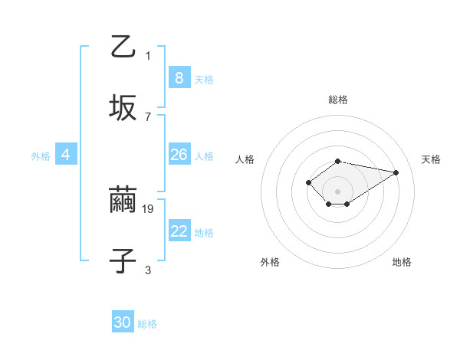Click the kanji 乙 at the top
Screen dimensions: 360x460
tap(123, 47)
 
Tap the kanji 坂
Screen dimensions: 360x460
tap(123, 107)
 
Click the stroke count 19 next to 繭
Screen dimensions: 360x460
tap(149, 208)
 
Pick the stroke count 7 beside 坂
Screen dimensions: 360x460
tap(148, 116)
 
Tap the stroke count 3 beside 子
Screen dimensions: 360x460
tap(148, 270)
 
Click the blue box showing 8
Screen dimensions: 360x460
tap(179, 77)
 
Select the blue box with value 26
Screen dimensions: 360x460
tap(179, 155)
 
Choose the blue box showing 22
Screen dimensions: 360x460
tap(179, 231)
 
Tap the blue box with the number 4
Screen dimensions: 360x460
tap(65, 155)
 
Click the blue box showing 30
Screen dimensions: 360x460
tap(123, 322)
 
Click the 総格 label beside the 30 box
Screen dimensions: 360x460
tap(147, 324)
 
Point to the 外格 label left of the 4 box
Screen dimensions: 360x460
tap(41, 156)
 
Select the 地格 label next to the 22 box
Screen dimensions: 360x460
tap(204, 233)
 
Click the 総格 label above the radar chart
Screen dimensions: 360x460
tap(337, 100)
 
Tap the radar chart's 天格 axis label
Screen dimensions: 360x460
tap(431, 159)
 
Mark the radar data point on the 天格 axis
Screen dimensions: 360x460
tap(396, 172)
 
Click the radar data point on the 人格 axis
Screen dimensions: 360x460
tap(308, 182)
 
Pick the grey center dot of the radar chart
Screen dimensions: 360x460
tap(337, 191)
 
